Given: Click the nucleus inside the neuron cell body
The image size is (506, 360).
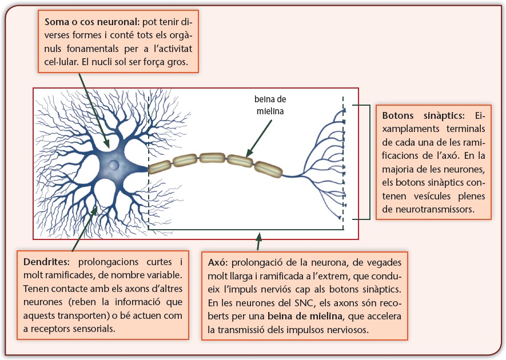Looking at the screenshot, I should coord(114,165).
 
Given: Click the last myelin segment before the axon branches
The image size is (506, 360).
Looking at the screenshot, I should coord(268,169).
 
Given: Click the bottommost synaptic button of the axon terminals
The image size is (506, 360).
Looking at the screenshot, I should coord(341,217).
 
